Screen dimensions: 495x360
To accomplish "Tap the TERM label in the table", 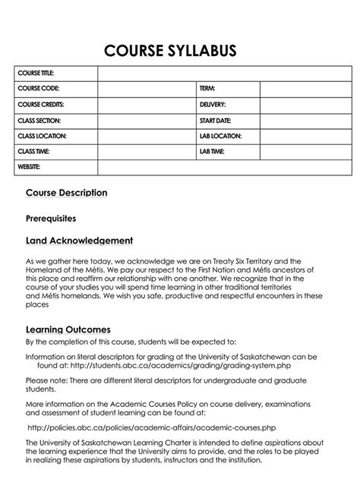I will [208, 89].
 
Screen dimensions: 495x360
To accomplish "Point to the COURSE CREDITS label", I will [41, 105].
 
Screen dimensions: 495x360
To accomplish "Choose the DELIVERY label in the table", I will [213, 105].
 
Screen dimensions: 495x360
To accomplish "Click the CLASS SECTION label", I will [39, 121].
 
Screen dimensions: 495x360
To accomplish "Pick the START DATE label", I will [216, 121].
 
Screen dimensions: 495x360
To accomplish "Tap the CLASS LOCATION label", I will [42, 136].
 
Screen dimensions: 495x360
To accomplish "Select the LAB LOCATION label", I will [221, 136].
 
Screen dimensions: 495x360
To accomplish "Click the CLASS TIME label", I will [35, 151].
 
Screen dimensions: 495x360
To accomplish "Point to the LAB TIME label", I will [213, 151].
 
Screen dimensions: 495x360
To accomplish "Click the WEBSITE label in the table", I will [29, 166].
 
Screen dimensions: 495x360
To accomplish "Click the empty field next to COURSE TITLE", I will [224, 73].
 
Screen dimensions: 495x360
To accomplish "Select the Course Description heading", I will [67, 193].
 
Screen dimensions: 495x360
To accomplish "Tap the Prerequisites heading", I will [51, 218].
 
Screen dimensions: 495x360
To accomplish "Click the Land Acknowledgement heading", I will [80, 241].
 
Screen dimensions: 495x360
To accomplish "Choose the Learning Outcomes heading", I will [68, 329].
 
